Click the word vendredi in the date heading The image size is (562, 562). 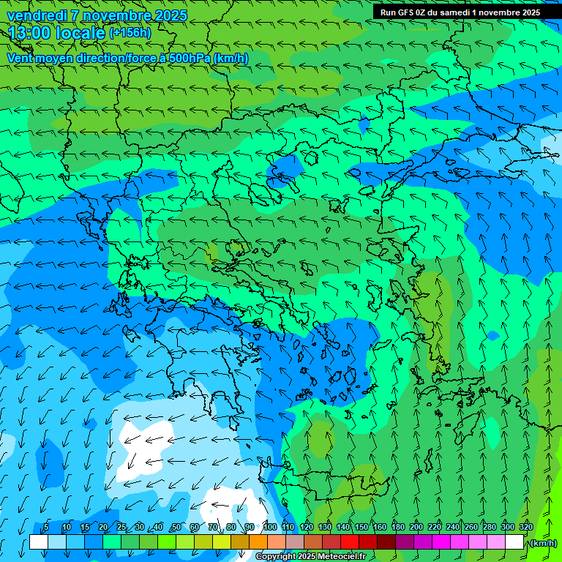37,15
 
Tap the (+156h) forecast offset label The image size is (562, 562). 130,33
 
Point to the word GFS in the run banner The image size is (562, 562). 407,12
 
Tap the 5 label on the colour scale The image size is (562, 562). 46,527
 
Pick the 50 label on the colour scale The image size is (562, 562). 176,527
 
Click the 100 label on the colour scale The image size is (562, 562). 270,527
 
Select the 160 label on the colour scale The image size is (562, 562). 379,527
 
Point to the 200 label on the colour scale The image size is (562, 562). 416,527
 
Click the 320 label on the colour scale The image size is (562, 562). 525,527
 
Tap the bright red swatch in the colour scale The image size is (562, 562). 349,542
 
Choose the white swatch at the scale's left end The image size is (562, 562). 39,542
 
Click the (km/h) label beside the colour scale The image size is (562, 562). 544,543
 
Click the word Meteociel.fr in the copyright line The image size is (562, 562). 342,557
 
